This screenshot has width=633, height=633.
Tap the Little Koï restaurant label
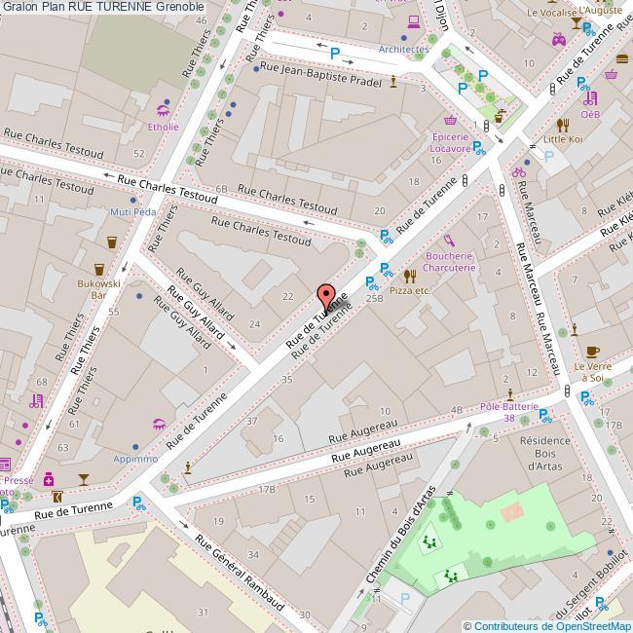(x=562, y=139)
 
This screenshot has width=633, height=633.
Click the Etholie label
(x=163, y=127)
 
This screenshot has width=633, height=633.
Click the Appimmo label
(x=135, y=458)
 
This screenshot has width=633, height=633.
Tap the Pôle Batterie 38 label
(x=509, y=411)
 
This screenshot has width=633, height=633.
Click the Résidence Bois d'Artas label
(x=544, y=453)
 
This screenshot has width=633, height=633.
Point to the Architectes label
(x=403, y=49)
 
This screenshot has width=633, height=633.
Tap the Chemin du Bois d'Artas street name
(x=397, y=545)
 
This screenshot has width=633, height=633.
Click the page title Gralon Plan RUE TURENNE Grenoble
(x=102, y=7)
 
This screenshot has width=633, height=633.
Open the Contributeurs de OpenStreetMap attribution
(x=547, y=626)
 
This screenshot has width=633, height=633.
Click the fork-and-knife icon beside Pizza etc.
(x=409, y=276)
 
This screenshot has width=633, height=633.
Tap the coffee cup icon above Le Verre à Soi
(x=592, y=351)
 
